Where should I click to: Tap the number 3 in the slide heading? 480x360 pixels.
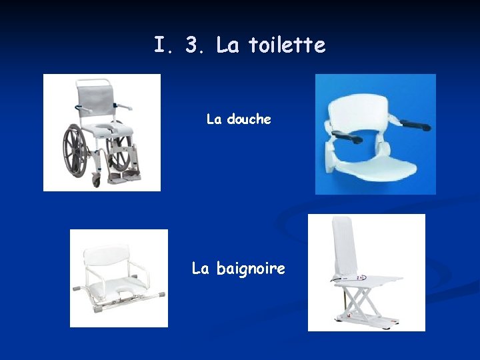(194, 45)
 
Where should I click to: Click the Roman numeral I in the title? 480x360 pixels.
(160, 45)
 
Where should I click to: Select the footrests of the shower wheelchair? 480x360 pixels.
(125, 177)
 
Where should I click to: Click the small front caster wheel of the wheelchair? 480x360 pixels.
(97, 181)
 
